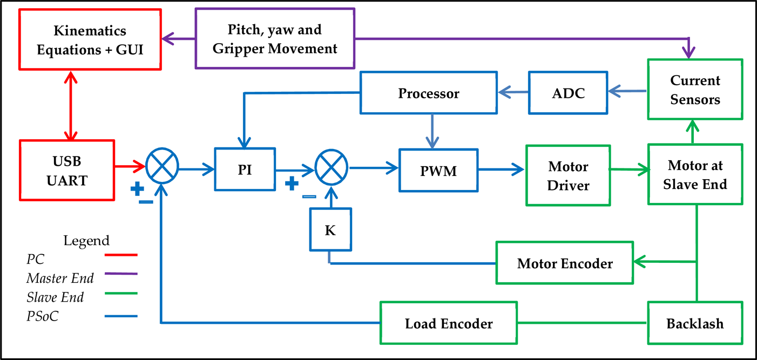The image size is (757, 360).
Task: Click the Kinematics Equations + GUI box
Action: pyautogui.click(x=90, y=39)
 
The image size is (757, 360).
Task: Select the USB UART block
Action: pyautogui.click(x=67, y=170)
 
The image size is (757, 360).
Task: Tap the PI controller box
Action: pyautogui.click(x=245, y=169)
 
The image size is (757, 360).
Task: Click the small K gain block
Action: pyautogui.click(x=330, y=229)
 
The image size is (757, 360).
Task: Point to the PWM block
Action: pyautogui.click(x=438, y=170)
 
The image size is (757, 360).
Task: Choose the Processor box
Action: pyautogui.click(x=429, y=93)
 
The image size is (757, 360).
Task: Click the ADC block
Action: pyautogui.click(x=568, y=93)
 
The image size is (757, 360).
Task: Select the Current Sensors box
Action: pyautogui.click(x=695, y=90)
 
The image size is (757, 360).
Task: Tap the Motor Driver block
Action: pyautogui.click(x=568, y=175)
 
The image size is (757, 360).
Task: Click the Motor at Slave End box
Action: pyautogui.click(x=695, y=174)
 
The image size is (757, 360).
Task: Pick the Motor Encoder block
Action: pyautogui.click(x=565, y=263)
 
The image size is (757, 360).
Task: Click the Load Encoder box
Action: pyautogui.click(x=449, y=323)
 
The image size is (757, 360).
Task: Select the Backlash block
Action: pyautogui.click(x=695, y=323)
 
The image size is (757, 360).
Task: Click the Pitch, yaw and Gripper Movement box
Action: pyautogui.click(x=275, y=38)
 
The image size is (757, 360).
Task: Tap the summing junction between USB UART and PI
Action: pyautogui.click(x=162, y=166)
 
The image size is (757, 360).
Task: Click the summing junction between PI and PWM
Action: pyautogui.click(x=331, y=167)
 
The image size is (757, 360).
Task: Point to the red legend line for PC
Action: pyautogui.click(x=121, y=255)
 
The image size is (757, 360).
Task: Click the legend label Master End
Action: pyautogui.click(x=60, y=279)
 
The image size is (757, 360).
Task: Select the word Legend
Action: pyautogui.click(x=86, y=241)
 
